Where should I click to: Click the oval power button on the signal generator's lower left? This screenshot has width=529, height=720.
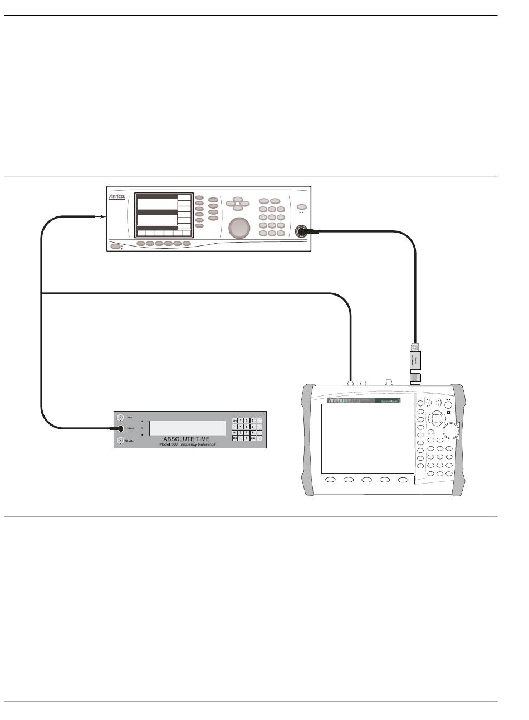pyautogui.click(x=115, y=246)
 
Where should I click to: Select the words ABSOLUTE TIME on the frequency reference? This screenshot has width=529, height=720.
pyautogui.click(x=187, y=439)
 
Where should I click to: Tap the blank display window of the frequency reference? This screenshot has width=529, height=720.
pyautogui.click(x=187, y=428)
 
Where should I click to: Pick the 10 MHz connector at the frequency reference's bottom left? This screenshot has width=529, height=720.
pyautogui.click(x=120, y=441)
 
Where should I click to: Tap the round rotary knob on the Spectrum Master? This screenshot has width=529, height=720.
pyautogui.click(x=451, y=430)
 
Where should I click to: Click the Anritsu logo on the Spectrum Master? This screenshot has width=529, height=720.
pyautogui.click(x=337, y=400)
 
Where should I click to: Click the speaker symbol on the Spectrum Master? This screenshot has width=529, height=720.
pyautogui.click(x=434, y=402)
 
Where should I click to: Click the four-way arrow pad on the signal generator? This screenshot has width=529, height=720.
pyautogui.click(x=238, y=203)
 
